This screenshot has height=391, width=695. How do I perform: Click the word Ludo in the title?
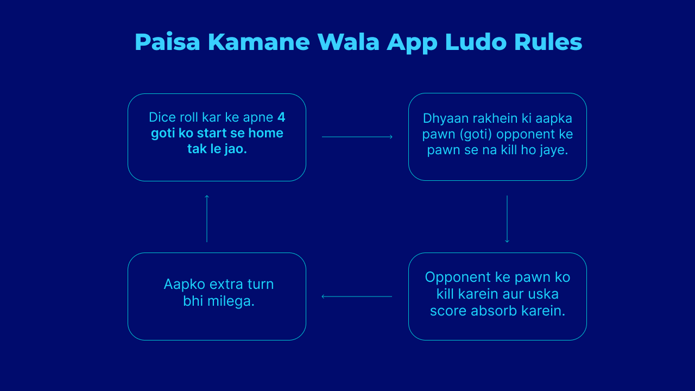click(476, 42)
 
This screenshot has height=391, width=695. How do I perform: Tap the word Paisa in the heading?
click(167, 42)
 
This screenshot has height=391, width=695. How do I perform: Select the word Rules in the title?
click(548, 42)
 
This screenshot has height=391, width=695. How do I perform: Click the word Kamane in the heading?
click(259, 42)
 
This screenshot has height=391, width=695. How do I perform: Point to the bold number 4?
click(281, 117)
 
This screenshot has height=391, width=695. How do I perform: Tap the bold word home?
click(266, 133)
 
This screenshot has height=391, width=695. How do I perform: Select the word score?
click(448, 311)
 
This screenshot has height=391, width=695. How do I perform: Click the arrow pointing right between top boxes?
click(357, 136)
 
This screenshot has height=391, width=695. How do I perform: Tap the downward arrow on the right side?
click(507, 219)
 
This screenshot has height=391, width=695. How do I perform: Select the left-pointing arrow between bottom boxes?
click(357, 297)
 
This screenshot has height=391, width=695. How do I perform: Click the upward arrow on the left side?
click(207, 218)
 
